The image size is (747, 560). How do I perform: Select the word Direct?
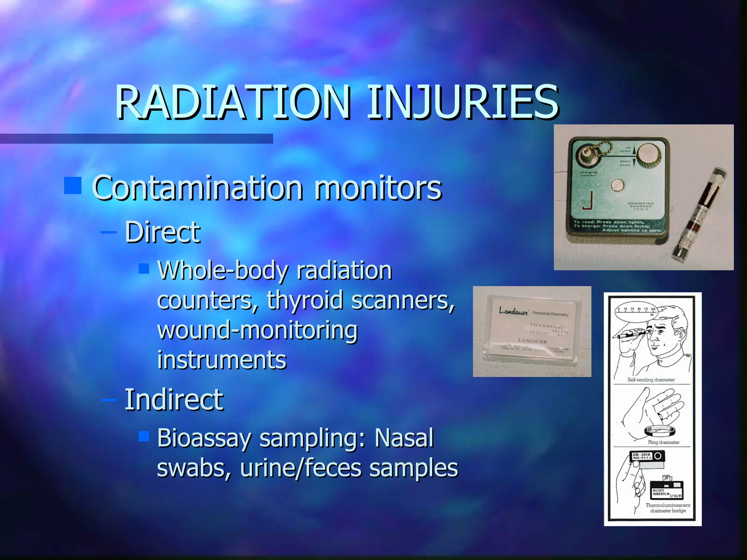(162, 232)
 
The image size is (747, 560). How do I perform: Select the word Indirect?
(174, 400)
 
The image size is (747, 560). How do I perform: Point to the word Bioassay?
(204, 439)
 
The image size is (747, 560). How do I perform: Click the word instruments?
(222, 360)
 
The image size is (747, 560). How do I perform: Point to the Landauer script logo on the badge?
(513, 311)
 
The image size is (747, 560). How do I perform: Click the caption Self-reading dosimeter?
(651, 380)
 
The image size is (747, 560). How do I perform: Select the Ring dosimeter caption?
(663, 442)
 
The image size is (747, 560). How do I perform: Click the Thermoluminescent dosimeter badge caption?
(667, 508)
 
